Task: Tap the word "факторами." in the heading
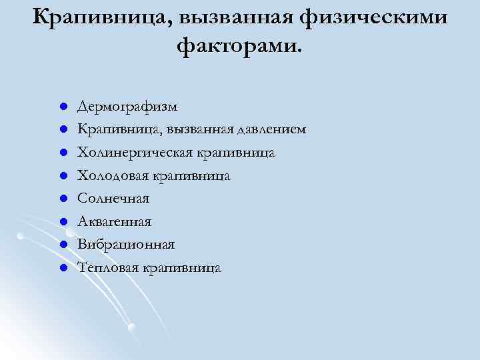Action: click(240, 46)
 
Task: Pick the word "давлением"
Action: click(273, 129)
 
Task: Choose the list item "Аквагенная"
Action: click(115, 221)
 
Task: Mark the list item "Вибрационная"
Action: click(126, 245)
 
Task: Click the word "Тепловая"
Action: click(108, 268)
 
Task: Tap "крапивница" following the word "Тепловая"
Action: click(181, 268)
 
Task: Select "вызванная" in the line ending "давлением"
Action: click(203, 129)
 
